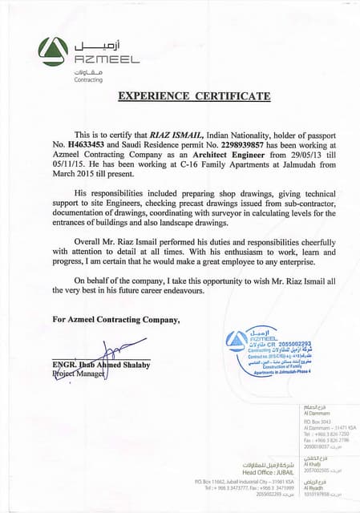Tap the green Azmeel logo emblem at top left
[53, 53]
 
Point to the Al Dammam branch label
[313, 412]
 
